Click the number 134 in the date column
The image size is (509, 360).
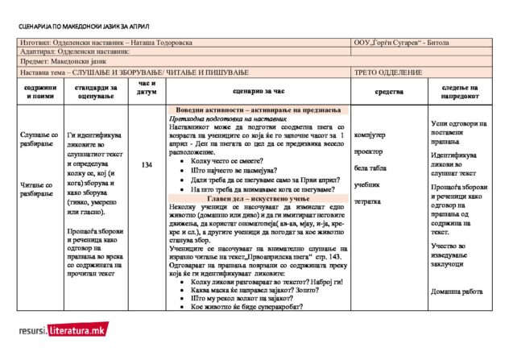(x=147, y=165)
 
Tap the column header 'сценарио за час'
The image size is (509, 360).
(x=255, y=93)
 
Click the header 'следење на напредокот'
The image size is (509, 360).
(x=460, y=92)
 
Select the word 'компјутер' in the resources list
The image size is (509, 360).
(x=370, y=134)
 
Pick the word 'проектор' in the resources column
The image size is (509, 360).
(x=368, y=151)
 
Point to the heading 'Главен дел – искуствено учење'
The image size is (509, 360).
(x=255, y=198)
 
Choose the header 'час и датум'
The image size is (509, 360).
(x=147, y=88)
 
